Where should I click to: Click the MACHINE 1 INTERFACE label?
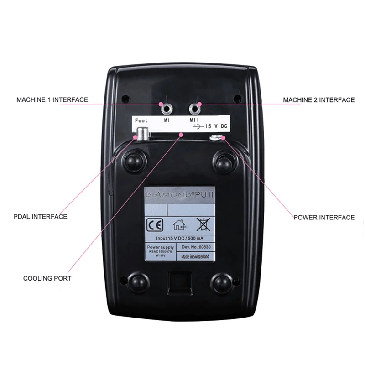coord(52,99)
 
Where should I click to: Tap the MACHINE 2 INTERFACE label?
coord(318,99)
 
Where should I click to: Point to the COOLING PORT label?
coord(47,278)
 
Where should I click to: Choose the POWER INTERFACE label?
coord(323,218)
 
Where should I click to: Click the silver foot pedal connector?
coord(142,134)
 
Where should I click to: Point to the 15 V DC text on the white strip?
coord(216,124)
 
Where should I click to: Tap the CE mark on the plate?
coord(153,224)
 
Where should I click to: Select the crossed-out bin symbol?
coord(202,224)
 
